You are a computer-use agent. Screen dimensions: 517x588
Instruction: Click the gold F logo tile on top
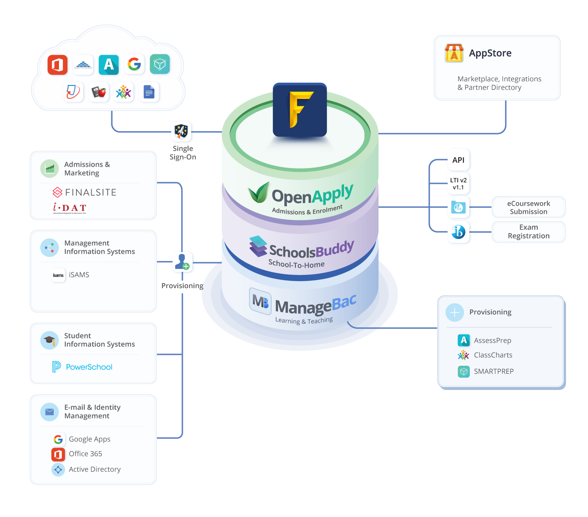tap(300, 110)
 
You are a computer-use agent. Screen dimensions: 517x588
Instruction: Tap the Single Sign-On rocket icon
tap(181, 132)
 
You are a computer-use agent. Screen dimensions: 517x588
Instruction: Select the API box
tap(458, 160)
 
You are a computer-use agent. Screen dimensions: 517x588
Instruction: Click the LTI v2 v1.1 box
tap(458, 184)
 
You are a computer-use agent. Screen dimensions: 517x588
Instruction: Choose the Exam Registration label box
tap(528, 232)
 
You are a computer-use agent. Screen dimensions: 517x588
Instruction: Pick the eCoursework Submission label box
tap(528, 207)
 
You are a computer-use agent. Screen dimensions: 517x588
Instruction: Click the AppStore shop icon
tap(454, 53)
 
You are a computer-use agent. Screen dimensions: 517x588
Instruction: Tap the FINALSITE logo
tap(85, 192)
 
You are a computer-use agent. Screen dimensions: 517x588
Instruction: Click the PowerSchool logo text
tap(83, 367)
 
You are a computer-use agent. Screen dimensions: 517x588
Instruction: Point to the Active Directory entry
tap(86, 469)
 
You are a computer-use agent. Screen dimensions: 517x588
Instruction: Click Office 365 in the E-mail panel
tap(77, 454)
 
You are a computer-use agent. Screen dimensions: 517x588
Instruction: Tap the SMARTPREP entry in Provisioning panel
tap(486, 371)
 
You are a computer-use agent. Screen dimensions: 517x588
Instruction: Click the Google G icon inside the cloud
tap(134, 64)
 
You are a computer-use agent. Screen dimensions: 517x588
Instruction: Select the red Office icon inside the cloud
tap(58, 65)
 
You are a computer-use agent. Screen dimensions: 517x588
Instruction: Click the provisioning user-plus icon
tap(183, 262)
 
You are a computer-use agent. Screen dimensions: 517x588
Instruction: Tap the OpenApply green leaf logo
tap(259, 192)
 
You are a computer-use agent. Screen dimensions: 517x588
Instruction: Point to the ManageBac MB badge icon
tap(260, 301)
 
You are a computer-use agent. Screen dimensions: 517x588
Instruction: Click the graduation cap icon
tap(49, 340)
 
